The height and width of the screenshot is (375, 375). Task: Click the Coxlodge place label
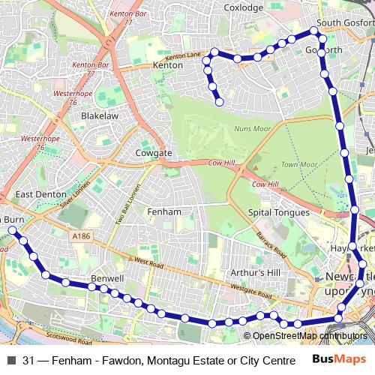(x=244, y=7)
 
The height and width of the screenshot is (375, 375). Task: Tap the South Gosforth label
(x=345, y=23)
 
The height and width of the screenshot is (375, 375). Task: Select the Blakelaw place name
(x=100, y=116)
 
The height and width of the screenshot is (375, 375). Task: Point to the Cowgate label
(x=154, y=153)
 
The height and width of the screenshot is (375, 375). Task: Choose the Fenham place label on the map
(x=164, y=212)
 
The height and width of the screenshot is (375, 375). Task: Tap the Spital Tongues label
(x=278, y=213)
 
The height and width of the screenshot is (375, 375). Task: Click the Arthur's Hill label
(x=255, y=271)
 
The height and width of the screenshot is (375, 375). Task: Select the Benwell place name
(x=106, y=278)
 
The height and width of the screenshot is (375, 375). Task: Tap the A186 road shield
(x=82, y=236)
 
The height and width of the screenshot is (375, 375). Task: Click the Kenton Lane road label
(x=184, y=56)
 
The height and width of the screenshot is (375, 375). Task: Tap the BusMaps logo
(x=334, y=359)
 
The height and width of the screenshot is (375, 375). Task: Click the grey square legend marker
(x=11, y=360)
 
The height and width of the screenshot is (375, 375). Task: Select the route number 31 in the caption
(x=28, y=360)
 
